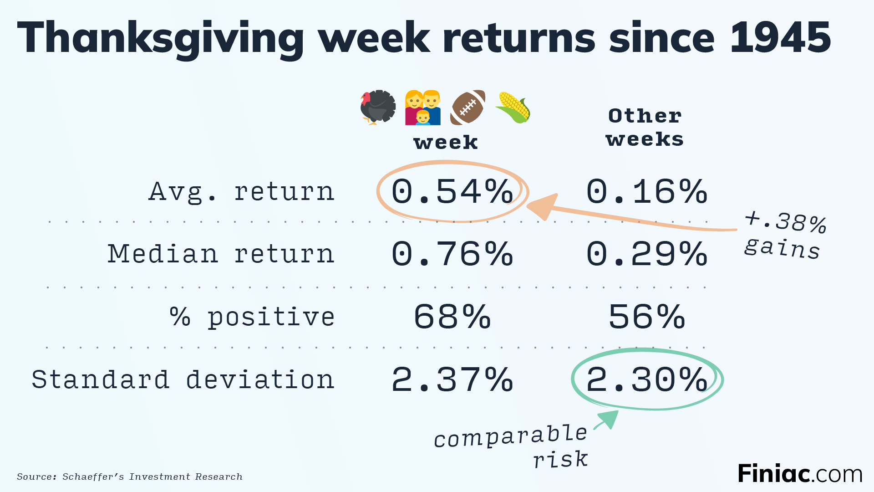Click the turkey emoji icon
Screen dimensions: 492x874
pyautogui.click(x=378, y=108)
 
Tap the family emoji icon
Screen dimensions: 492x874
pyautogui.click(x=423, y=108)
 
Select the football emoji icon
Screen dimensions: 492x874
pyautogui.click(x=468, y=108)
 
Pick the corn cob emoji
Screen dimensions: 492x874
pyautogui.click(x=513, y=108)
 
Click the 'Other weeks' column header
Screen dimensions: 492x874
pyautogui.click(x=645, y=128)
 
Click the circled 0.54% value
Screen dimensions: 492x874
pyautogui.click(x=452, y=191)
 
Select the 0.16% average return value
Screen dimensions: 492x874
pyautogui.click(x=647, y=191)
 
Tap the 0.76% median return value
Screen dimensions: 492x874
pyautogui.click(x=452, y=254)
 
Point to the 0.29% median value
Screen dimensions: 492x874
pyautogui.click(x=647, y=254)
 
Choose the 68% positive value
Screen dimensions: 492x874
pyautogui.click(x=452, y=317)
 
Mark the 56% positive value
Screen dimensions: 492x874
pyautogui.click(x=647, y=317)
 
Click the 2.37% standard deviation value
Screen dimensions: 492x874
pyautogui.click(x=452, y=379)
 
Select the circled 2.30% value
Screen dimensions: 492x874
pyautogui.click(x=647, y=379)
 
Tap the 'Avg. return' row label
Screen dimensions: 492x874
pyautogui.click(x=242, y=191)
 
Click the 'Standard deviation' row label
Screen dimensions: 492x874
pyautogui.click(x=183, y=379)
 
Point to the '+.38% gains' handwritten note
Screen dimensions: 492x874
pyautogui.click(x=784, y=235)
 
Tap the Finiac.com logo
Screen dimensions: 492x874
pyautogui.click(x=800, y=474)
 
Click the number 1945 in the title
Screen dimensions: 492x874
pyautogui.click(x=780, y=38)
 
